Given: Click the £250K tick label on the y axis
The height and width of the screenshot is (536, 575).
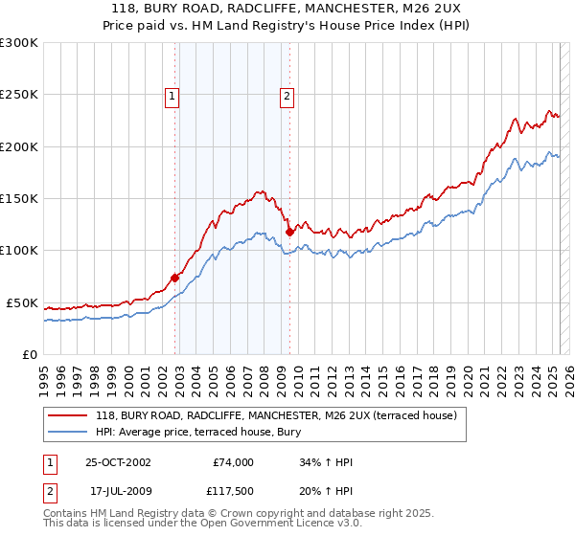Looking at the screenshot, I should pos(19,95).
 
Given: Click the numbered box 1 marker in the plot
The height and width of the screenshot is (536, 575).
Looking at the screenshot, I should pos(172,95).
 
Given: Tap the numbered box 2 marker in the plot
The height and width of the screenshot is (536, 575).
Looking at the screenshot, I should pos(287,95).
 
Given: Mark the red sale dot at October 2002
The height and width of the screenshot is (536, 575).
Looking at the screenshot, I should pos(175,278).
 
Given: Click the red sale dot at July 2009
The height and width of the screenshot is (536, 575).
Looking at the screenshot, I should pos(289,232).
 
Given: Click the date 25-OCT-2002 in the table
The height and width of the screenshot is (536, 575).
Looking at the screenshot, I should pos(118,462).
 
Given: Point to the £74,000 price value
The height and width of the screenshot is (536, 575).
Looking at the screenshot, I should pos(233,462).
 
